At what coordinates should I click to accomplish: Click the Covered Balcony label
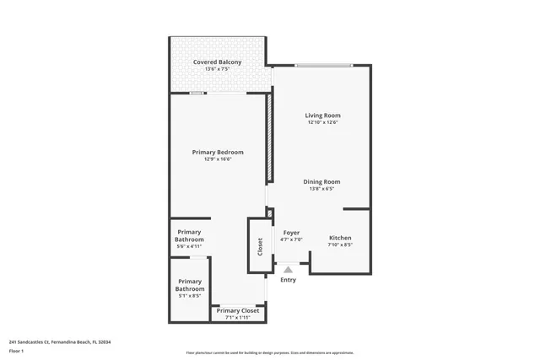(x=217, y=62)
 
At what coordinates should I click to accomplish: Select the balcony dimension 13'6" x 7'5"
(x=217, y=69)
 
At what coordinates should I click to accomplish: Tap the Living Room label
(x=322, y=116)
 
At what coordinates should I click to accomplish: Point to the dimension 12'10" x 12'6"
(x=322, y=123)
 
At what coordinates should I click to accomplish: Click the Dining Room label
(x=321, y=181)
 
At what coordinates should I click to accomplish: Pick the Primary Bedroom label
(x=218, y=152)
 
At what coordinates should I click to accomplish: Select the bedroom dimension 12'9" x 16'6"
(x=218, y=159)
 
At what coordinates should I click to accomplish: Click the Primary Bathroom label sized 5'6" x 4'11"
(x=189, y=236)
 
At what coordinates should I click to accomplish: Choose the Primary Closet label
(x=238, y=311)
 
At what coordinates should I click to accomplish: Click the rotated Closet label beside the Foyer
(x=260, y=246)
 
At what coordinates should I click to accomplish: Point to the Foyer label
(x=291, y=233)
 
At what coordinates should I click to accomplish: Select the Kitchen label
(x=340, y=238)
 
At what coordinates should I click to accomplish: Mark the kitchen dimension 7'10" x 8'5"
(x=340, y=245)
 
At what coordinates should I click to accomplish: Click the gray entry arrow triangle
(x=288, y=269)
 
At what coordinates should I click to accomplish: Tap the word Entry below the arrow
(x=288, y=280)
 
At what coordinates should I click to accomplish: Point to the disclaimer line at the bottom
(x=270, y=353)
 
